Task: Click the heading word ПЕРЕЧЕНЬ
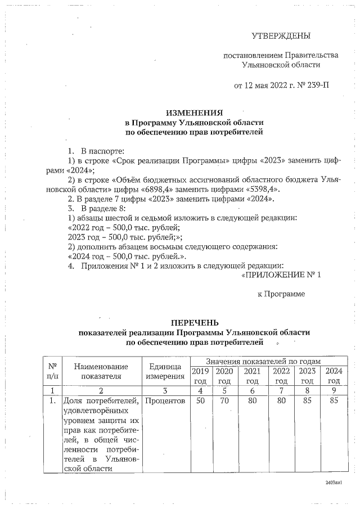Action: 194,323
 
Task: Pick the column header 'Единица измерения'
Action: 165,371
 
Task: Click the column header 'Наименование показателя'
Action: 101,371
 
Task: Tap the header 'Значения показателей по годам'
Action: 263,361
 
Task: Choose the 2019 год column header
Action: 200,376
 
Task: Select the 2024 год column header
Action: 334,376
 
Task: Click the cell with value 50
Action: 200,400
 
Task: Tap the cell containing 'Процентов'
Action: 165,400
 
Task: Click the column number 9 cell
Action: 334,390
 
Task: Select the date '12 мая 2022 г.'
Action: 261,86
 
